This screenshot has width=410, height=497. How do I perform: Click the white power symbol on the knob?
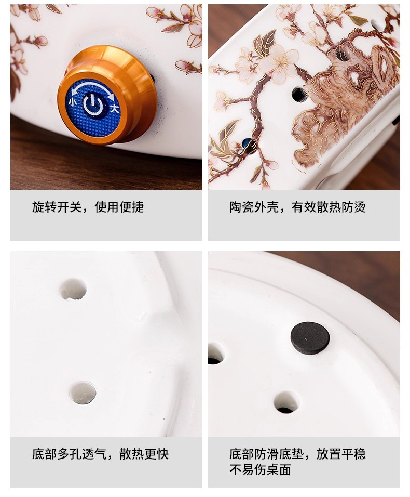point(93,105)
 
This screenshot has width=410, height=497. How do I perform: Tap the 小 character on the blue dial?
point(73,102)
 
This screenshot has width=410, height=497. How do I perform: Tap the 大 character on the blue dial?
point(114,109)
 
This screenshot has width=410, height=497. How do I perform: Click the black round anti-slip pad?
point(310,338)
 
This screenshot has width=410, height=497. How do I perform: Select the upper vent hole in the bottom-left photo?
point(73,290)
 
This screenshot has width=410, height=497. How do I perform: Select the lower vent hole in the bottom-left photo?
point(83,393)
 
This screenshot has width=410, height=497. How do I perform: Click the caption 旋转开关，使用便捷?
point(88,207)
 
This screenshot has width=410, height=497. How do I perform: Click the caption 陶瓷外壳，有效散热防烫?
point(298,207)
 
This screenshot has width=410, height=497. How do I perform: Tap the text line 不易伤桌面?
point(260,470)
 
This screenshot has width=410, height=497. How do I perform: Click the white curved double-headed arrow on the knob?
point(92,88)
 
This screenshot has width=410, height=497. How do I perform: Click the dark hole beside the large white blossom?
point(299,95)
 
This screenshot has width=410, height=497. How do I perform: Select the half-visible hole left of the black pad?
point(216,353)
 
